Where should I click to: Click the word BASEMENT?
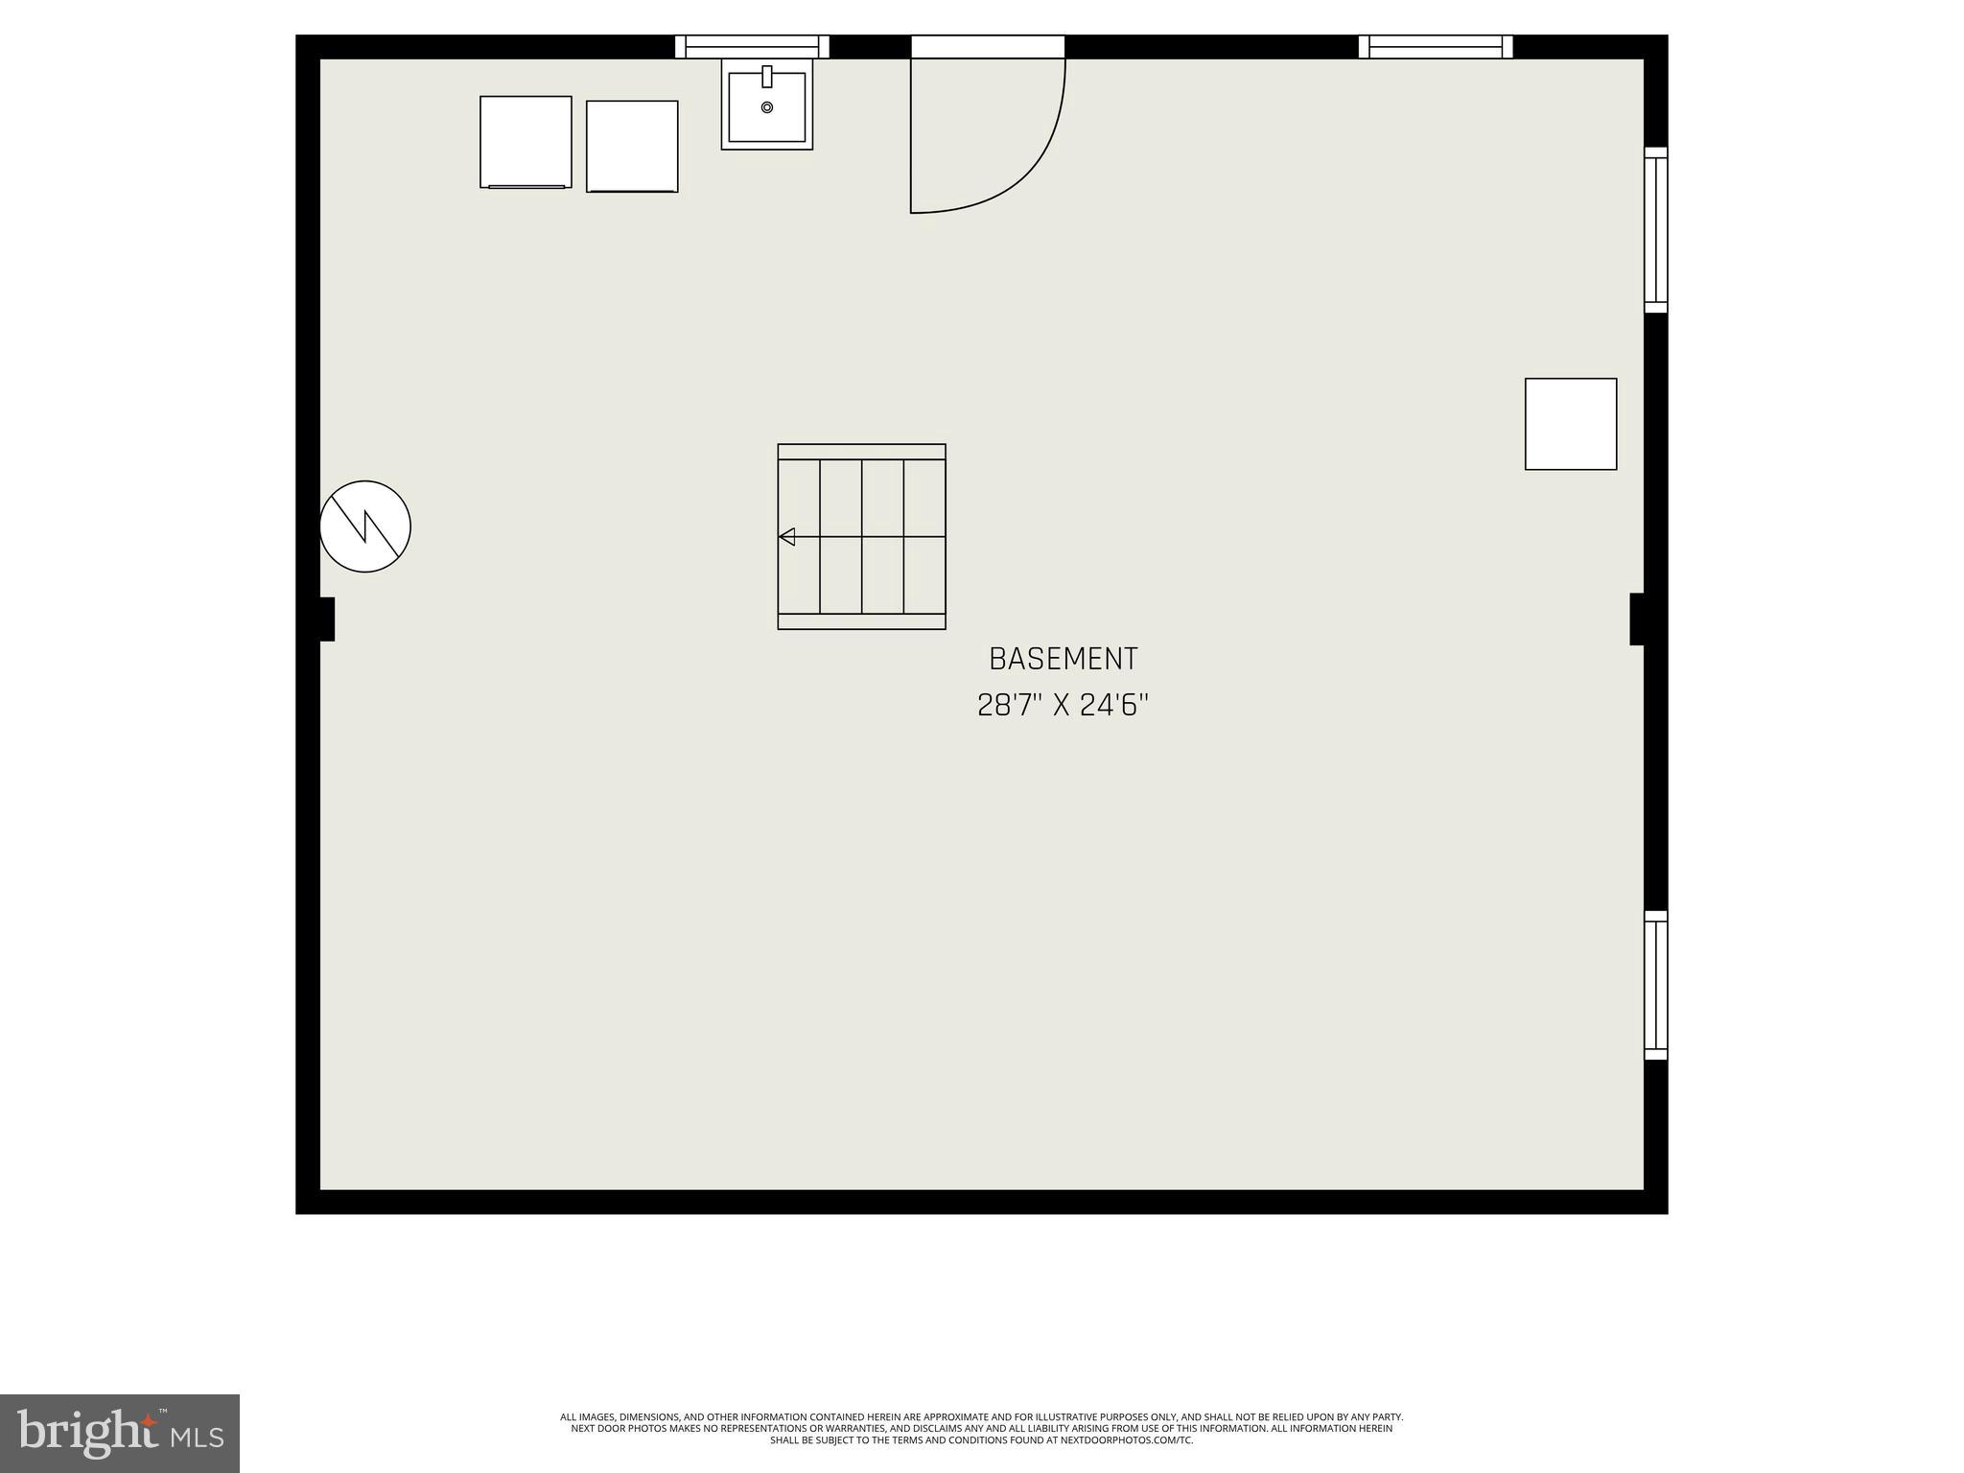tap(1063, 659)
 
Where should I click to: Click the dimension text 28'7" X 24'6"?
tap(1063, 706)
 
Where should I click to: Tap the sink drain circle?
tap(767, 107)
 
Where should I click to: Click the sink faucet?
tap(767, 77)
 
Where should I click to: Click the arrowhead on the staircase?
tap(787, 537)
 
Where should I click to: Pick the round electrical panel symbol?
tap(365, 526)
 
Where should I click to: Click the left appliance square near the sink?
tap(526, 142)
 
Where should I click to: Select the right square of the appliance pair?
tap(632, 147)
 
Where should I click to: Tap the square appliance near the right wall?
tap(1571, 424)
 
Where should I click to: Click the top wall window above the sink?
tap(752, 46)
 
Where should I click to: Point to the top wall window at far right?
tap(1436, 46)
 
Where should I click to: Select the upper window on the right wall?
tap(1656, 230)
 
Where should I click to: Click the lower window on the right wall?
tap(1656, 986)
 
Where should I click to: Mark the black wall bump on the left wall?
tap(326, 619)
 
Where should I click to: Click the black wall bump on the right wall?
tap(1638, 619)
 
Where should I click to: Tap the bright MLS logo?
tap(119, 1433)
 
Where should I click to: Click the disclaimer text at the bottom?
tap(981, 1427)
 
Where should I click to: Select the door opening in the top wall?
tap(988, 46)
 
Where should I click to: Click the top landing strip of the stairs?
tap(861, 452)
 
